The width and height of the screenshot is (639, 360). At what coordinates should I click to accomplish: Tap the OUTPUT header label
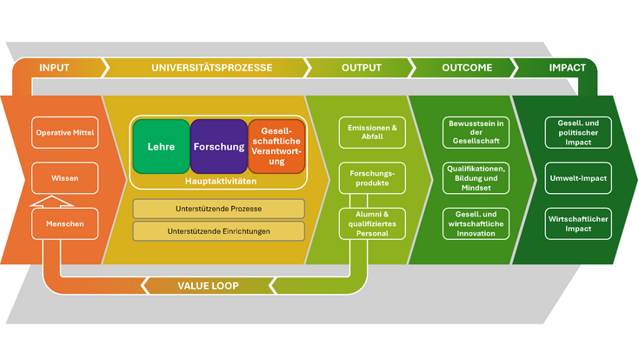click(362, 68)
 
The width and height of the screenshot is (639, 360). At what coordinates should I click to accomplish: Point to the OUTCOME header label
click(466, 68)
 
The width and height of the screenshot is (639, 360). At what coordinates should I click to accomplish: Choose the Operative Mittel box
click(65, 133)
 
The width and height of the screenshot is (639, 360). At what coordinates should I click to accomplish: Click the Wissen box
click(65, 178)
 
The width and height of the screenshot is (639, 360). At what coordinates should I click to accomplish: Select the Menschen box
click(65, 223)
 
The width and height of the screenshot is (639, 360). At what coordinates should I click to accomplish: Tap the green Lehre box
click(161, 147)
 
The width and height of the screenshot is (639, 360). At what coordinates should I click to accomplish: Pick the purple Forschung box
click(218, 147)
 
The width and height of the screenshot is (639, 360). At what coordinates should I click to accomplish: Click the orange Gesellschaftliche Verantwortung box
click(276, 147)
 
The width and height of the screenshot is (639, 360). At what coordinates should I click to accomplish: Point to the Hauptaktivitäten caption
click(218, 181)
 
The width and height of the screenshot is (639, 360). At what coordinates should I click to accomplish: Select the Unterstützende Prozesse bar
click(218, 209)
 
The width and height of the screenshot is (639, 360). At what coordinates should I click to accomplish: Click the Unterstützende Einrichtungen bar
click(218, 231)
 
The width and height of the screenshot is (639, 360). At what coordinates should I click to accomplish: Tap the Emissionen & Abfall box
click(371, 132)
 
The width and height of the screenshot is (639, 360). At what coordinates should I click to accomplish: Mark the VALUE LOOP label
click(208, 284)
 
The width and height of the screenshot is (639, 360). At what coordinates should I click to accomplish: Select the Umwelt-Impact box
click(575, 178)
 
